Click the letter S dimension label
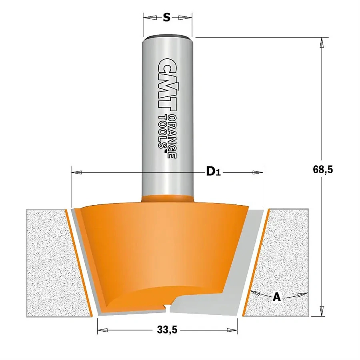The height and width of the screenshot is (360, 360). tap(167, 17)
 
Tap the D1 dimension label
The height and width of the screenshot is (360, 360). tap(213, 172)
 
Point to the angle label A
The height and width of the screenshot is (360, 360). tap(276, 297)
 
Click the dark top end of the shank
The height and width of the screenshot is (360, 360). tap(168, 37)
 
